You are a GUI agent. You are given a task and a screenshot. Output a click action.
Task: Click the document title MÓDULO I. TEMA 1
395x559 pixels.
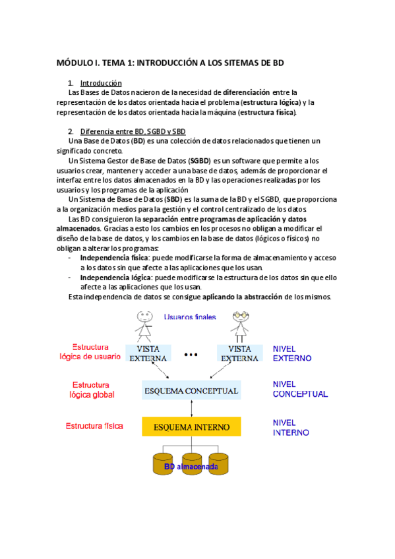coord(171,63)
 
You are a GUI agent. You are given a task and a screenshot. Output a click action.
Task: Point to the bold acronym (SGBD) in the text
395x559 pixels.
coord(199,160)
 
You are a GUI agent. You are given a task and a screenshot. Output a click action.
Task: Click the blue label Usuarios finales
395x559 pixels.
coord(190,316)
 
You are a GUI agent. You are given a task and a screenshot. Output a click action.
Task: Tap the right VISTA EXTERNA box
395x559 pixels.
coord(239,353)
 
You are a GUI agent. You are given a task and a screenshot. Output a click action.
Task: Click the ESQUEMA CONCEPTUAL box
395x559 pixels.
coord(191,391)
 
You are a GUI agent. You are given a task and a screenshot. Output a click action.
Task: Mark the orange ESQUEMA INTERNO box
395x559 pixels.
coord(191,427)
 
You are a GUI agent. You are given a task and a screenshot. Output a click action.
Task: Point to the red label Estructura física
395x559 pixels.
coord(94,426)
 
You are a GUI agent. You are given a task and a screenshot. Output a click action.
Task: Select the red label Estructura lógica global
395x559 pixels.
coord(92,390)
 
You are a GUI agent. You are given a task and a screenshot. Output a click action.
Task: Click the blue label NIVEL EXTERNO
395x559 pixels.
coord(292,353)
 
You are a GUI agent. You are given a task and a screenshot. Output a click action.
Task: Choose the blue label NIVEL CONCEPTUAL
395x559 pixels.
coord(300,389)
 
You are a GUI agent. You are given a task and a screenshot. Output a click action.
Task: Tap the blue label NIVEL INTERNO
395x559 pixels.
coord(291,427)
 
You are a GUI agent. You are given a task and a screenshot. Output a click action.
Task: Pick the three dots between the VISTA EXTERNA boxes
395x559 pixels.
coord(191,355)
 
